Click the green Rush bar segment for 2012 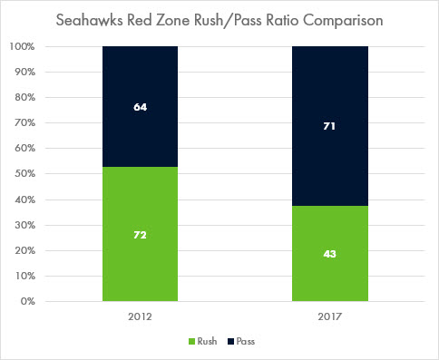(x=140, y=234)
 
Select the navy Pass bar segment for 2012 (x=140, y=107)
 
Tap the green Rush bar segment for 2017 (x=330, y=254)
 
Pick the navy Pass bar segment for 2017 (x=330, y=126)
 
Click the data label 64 (x=141, y=107)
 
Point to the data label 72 (x=141, y=235)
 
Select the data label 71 (x=329, y=126)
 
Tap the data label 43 (x=329, y=254)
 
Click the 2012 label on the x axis (x=140, y=316)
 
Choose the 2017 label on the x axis (x=329, y=316)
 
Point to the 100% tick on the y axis (x=22, y=46)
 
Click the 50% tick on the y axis (x=24, y=174)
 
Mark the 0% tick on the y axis (x=28, y=301)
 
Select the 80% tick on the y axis (x=24, y=97)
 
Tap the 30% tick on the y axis (x=24, y=225)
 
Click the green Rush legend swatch (x=191, y=342)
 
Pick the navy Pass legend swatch (x=230, y=342)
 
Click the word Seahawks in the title (x=90, y=21)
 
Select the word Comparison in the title (x=343, y=21)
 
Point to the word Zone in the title (x=174, y=21)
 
